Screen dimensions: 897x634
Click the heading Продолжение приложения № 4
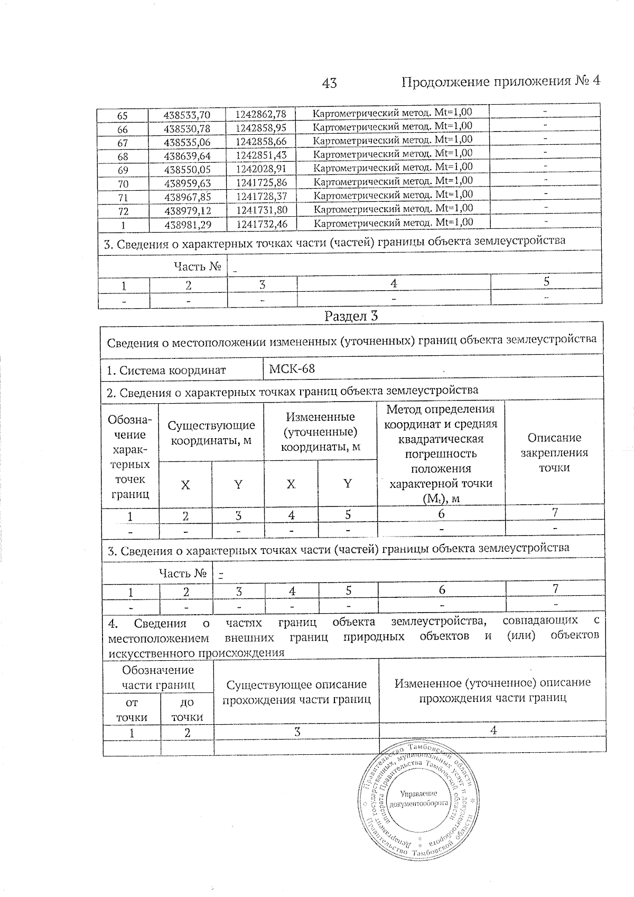[x=500, y=81]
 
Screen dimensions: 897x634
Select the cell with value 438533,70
[x=187, y=115]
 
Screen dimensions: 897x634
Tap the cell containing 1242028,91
[x=261, y=170]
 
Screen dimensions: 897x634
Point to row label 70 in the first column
[x=123, y=183]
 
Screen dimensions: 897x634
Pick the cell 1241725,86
[x=261, y=183]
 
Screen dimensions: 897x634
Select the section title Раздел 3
[x=351, y=316]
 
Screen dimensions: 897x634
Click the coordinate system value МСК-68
[x=292, y=368]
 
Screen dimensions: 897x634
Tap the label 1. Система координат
[x=166, y=370]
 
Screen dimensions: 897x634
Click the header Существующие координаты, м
[x=211, y=432]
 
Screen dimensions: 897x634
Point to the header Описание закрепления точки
[x=554, y=452]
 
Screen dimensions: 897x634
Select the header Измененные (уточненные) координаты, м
[x=320, y=432]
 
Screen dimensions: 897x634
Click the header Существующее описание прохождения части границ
[x=296, y=692]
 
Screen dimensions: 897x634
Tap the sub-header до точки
[x=187, y=709]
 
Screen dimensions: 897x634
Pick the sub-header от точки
[x=132, y=709]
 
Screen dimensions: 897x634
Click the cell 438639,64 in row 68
[x=187, y=156]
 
